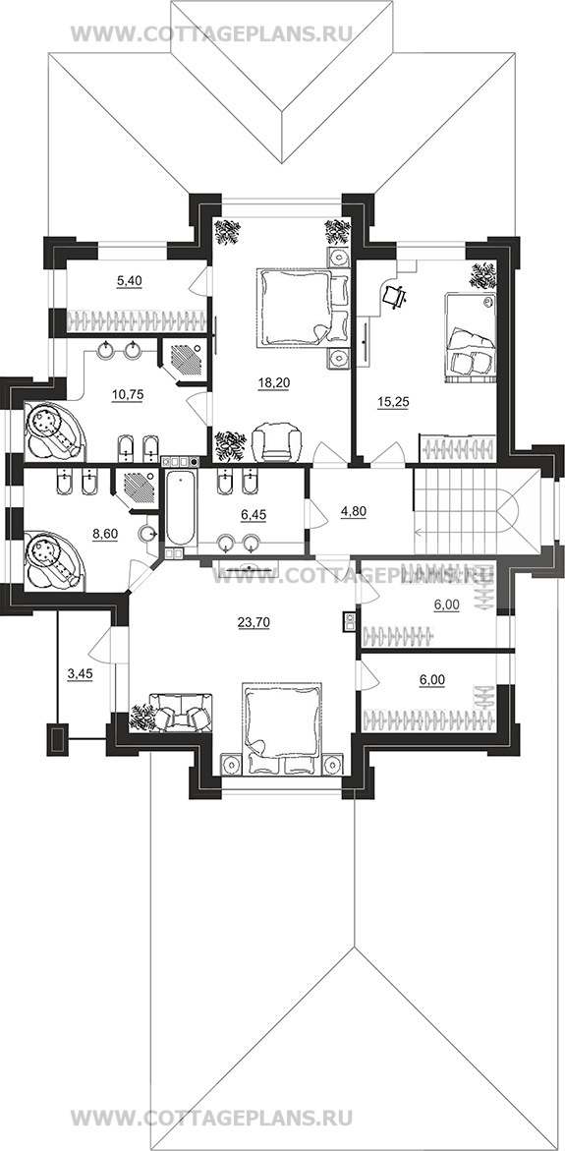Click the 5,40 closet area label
pos(129,279)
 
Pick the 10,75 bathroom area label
pos(127,393)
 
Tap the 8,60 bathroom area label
pos(107,535)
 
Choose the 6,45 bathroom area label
pos(253,515)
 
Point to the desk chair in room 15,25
pos(395,295)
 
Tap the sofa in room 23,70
pos(181,711)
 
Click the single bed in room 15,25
pos(470,335)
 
